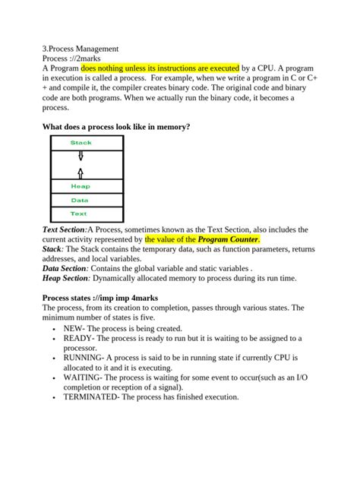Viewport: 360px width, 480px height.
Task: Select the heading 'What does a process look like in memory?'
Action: tap(116, 126)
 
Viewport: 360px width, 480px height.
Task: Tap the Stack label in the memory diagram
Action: tap(81, 143)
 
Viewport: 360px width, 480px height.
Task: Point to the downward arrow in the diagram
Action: tap(81, 156)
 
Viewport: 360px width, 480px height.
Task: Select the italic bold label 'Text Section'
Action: tap(64, 229)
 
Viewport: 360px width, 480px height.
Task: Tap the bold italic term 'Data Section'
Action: tap(65, 269)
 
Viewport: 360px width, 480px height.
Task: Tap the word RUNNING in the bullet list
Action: tap(84, 357)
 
